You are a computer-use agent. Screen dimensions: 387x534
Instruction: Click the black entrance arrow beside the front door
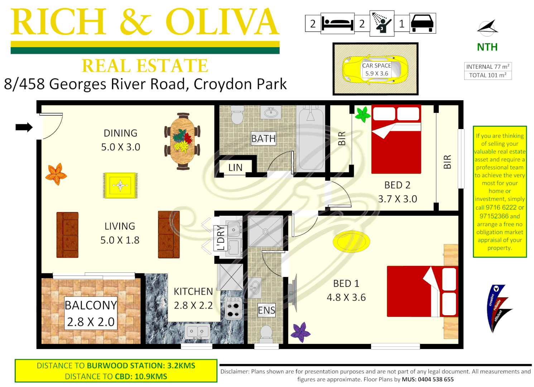24,127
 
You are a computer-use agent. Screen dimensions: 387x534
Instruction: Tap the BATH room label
263,138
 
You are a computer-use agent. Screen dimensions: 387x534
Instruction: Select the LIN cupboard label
235,167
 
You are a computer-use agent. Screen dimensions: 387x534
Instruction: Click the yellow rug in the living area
120,185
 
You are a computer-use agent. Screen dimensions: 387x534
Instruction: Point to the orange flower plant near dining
56,174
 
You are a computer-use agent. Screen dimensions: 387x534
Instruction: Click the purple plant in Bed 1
300,332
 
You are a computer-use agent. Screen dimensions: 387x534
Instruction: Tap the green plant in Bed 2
362,114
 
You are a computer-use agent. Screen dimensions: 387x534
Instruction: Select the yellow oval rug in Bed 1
351,242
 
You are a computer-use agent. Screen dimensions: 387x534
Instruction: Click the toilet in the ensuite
266,333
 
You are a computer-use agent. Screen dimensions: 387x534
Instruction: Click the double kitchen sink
197,332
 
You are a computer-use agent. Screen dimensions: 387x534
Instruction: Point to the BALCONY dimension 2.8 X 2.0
91,322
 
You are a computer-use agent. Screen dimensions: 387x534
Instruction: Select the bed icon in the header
337,24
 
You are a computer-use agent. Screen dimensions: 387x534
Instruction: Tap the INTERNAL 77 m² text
487,67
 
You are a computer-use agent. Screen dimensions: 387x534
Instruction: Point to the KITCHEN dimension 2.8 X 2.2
193,305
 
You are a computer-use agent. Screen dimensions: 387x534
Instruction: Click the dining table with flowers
183,141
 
